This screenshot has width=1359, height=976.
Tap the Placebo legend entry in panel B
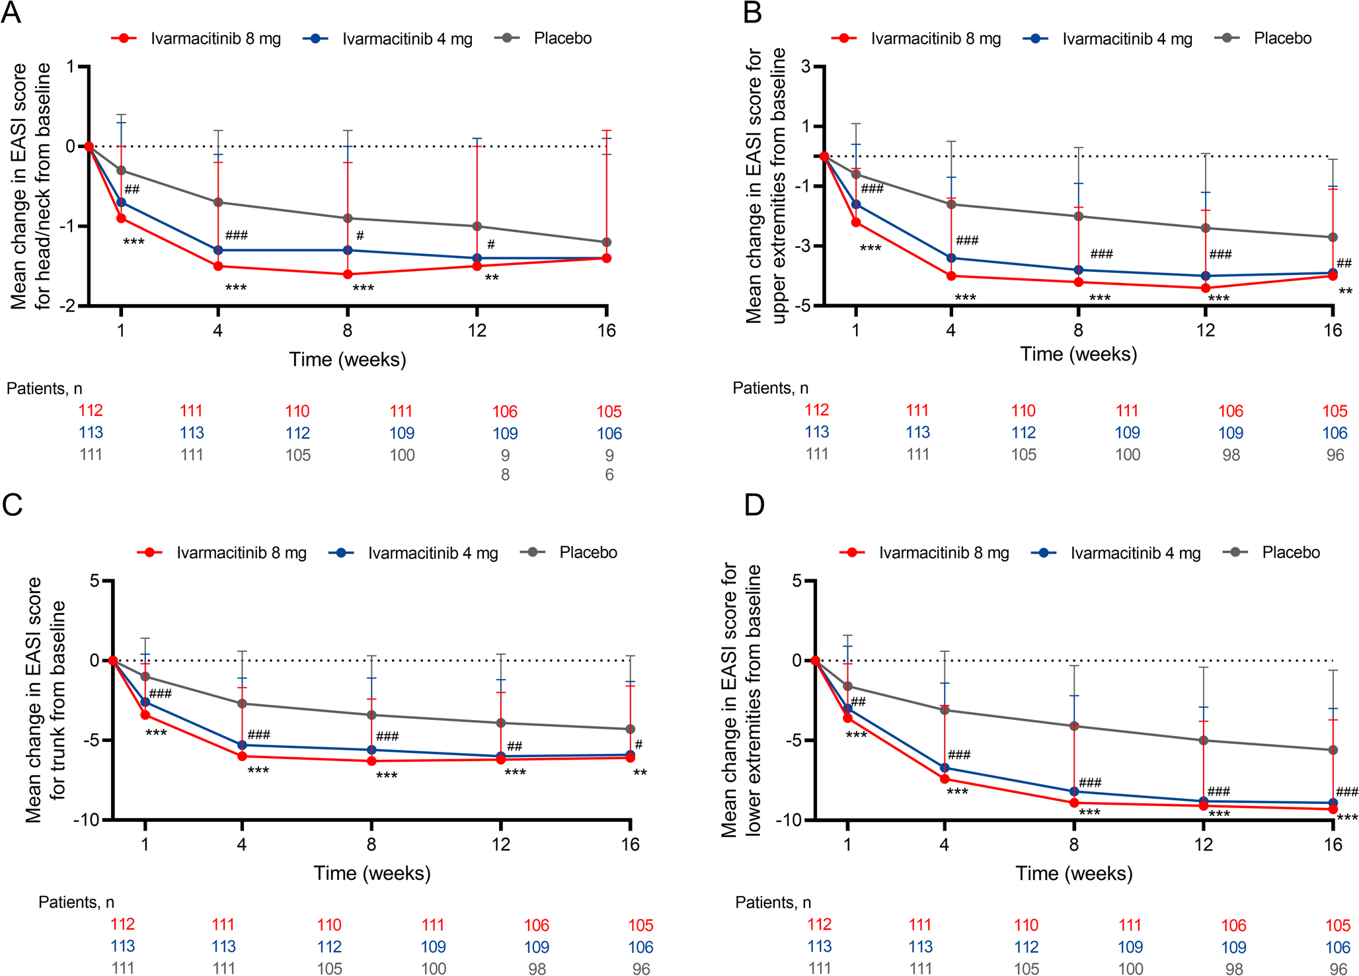coord(1282,38)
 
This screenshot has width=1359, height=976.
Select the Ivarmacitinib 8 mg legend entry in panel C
coord(241,553)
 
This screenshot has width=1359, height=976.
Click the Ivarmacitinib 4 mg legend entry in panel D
coord(1135,553)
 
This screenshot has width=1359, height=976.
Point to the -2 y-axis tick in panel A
coord(70,305)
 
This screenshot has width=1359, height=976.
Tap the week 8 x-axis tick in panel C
coord(371,844)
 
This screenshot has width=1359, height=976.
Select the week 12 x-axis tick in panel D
coord(1204,844)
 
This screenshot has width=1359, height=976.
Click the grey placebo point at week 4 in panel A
coord(218,202)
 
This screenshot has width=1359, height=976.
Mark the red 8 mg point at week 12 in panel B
coord(1206,288)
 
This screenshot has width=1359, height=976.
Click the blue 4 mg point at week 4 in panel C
coord(242,745)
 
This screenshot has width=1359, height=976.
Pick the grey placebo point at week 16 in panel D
coord(1333,750)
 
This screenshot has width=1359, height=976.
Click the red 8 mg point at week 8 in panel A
coord(348,274)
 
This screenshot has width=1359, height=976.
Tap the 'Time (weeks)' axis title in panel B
coord(1078,354)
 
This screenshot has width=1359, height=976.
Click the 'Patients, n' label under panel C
coord(76,902)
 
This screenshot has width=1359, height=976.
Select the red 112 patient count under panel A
coord(91,411)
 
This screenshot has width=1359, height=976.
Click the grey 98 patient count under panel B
coord(1231,455)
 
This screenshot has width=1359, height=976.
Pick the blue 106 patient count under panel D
coord(1337,948)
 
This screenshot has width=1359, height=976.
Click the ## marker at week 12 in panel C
coord(514,747)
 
